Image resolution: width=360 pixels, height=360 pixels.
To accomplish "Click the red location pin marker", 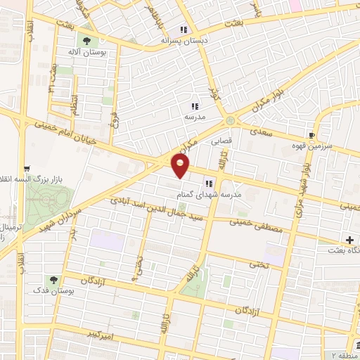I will pyautogui.click(x=181, y=167).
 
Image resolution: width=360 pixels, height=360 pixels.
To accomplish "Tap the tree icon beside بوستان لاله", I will pyautogui.click(x=88, y=40).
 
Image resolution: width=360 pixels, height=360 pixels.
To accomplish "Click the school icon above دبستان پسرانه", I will pyautogui.click(x=184, y=30).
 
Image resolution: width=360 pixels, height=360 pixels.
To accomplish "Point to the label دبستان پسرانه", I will pyautogui.click(x=184, y=41).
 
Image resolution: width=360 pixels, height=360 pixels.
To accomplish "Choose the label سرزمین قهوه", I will pyautogui.click(x=314, y=146).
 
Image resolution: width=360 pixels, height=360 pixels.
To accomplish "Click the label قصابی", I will pyautogui.click(x=221, y=141).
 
